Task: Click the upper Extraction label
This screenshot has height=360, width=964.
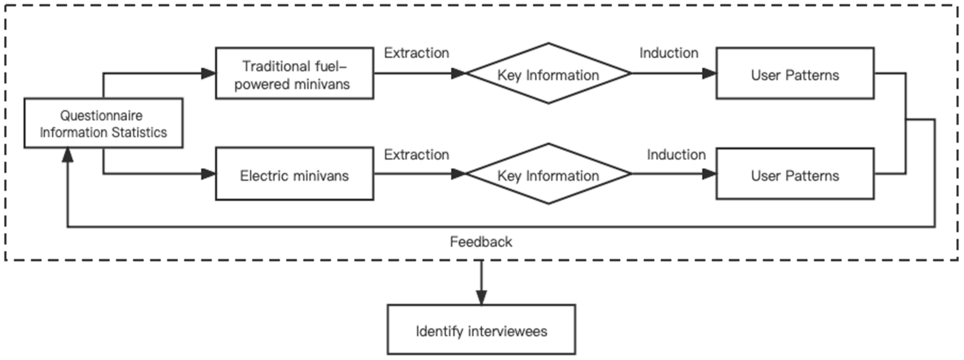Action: pyautogui.click(x=416, y=53)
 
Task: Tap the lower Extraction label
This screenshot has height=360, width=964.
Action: pyautogui.click(x=416, y=155)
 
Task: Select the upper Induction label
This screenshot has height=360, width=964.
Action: pyautogui.click(x=669, y=53)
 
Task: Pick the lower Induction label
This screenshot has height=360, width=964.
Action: pyautogui.click(x=676, y=155)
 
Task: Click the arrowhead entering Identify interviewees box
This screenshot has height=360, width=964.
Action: pyautogui.click(x=481, y=297)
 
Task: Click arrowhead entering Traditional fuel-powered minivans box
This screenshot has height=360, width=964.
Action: pyautogui.click(x=208, y=73)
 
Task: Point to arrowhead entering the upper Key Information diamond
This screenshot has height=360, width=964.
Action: pyautogui.click(x=458, y=73)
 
